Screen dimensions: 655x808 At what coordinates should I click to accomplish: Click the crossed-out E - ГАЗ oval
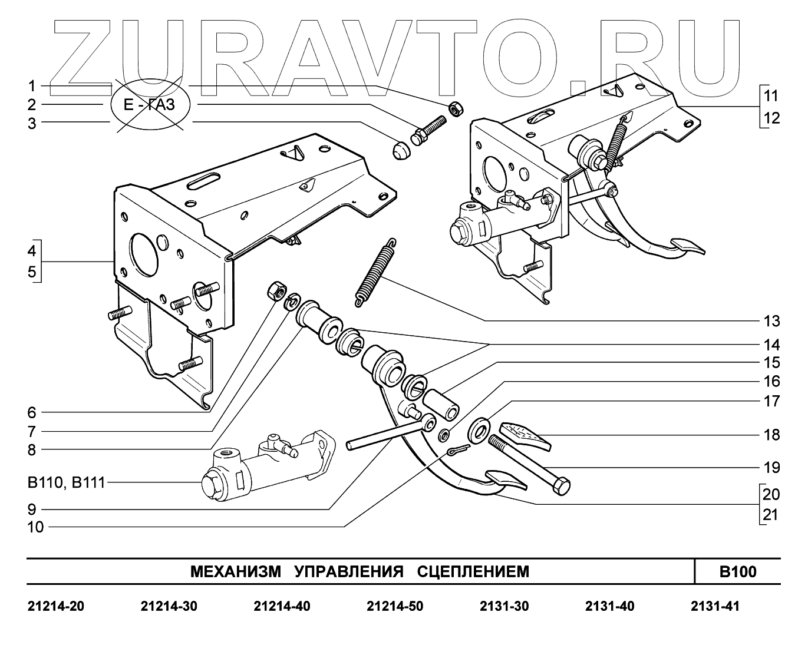pos(150,105)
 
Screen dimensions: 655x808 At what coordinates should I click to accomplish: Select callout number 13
pos(771,322)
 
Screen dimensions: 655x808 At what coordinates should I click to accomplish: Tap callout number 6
pos(32,412)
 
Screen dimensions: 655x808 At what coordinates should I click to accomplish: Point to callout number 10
pos(35,527)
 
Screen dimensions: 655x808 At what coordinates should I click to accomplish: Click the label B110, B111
pos(66,483)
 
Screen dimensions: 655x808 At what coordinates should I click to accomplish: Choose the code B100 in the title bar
pos(737,571)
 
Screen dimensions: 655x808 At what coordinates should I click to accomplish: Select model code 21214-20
pos(56,606)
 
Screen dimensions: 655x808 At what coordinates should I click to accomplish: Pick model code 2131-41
pos(714,606)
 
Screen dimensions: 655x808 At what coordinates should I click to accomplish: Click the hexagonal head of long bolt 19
pos(560,487)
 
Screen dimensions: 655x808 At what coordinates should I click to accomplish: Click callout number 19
pos(771,468)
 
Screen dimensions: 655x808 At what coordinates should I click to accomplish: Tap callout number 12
pos(771,118)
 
